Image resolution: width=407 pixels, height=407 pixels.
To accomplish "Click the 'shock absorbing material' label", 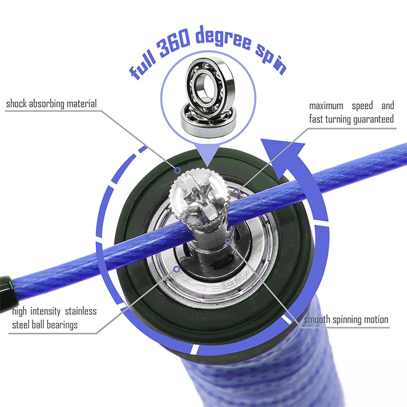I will point(52,104).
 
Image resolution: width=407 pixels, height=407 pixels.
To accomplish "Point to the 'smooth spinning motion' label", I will point(346,319).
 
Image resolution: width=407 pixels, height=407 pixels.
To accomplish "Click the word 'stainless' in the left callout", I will point(77,311).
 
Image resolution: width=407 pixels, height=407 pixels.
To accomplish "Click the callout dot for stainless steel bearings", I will point(175,268).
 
